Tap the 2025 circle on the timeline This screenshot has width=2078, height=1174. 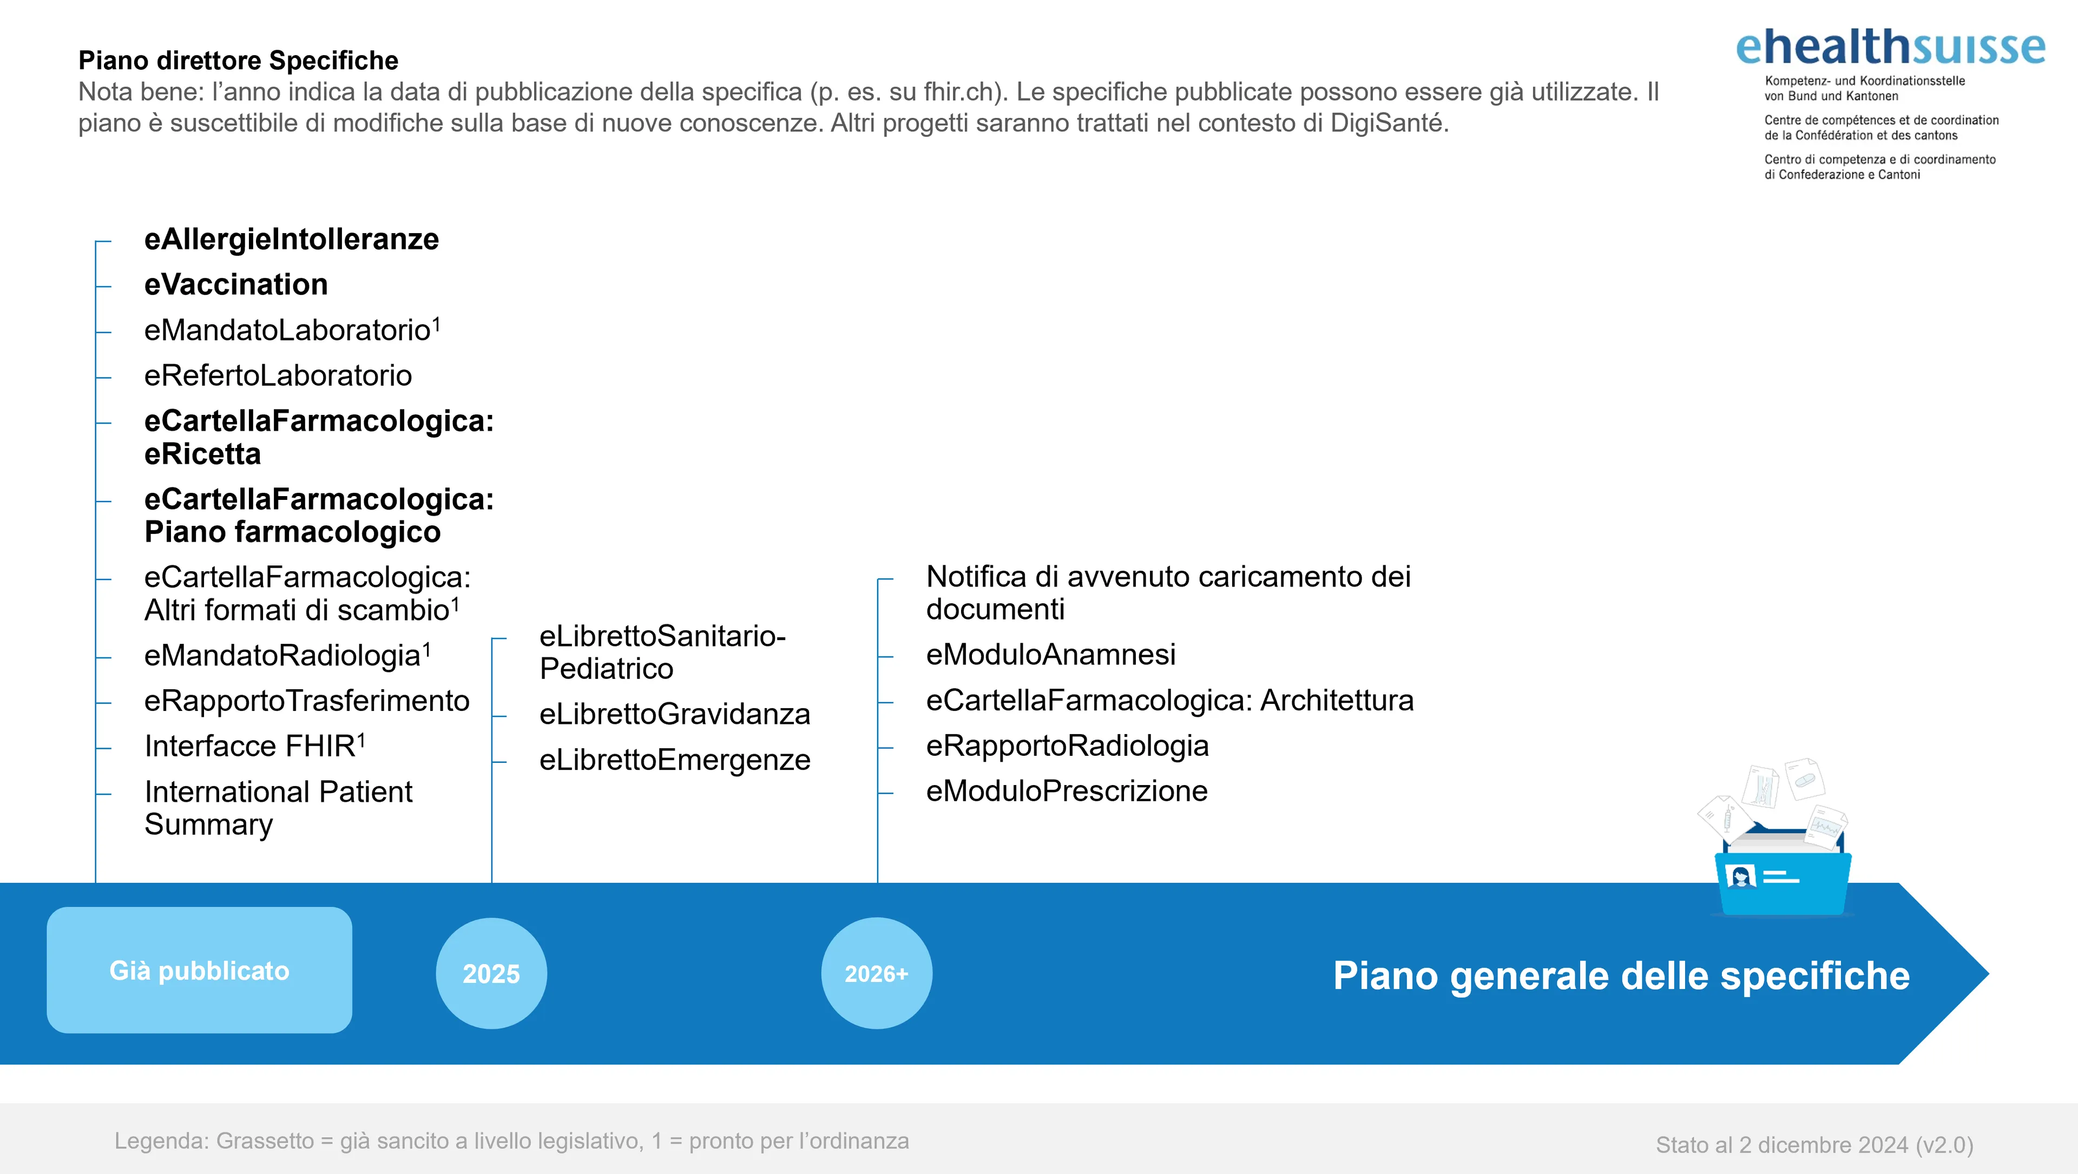[491, 973]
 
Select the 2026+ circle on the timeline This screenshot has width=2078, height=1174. [877, 973]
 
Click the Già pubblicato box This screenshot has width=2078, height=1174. [199, 970]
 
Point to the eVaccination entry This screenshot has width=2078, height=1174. [235, 285]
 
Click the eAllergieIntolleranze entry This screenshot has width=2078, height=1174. [291, 240]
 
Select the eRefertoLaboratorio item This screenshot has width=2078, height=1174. [278, 376]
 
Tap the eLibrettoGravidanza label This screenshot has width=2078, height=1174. [674, 714]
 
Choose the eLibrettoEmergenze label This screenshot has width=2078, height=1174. [674, 760]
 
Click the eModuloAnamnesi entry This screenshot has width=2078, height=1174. [1050, 655]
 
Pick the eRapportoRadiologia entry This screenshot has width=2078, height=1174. [1067, 746]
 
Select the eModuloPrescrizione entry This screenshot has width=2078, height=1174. [1067, 791]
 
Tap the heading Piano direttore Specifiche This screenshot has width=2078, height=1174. [238, 61]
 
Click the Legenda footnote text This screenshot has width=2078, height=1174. [511, 1141]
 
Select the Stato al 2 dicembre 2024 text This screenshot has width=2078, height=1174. [1814, 1145]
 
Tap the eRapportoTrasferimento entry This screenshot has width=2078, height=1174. [306, 701]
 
